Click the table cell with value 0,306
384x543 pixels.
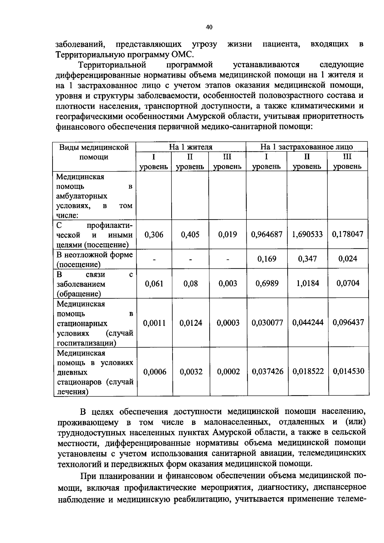[x=154, y=235]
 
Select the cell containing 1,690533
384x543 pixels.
[x=307, y=234]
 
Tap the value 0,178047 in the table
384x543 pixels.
[x=348, y=234]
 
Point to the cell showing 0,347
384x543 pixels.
[x=307, y=259]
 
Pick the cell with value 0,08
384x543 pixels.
[x=190, y=283]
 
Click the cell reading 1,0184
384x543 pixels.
[x=307, y=283]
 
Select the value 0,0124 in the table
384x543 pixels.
[x=191, y=323]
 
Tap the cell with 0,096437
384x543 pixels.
[x=348, y=323]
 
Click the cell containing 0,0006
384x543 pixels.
[x=155, y=372]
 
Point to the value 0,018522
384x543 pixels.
[x=308, y=371]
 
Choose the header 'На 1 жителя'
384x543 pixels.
[x=191, y=147]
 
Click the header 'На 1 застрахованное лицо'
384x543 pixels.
[x=307, y=147]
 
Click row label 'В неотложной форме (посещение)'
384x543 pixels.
[x=94, y=260]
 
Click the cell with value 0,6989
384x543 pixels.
[x=267, y=283]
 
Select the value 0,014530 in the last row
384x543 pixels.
[x=348, y=371]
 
